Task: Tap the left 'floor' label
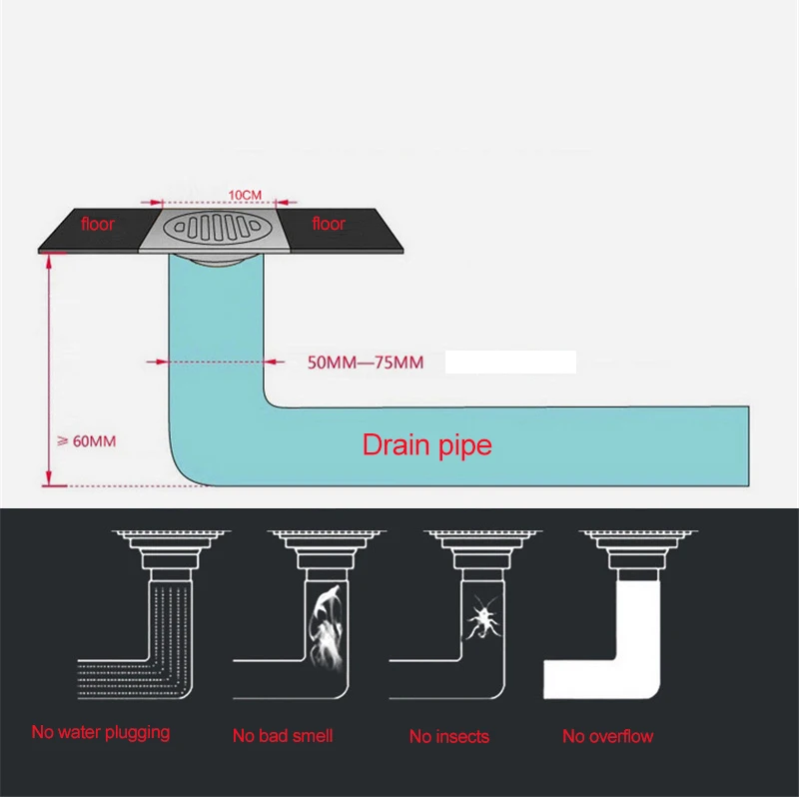pos(98,224)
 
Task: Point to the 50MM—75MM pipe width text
pos(366,363)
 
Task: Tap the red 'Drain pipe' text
pos(426,444)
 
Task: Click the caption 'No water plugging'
pos(100,732)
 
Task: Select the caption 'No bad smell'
pos(283,736)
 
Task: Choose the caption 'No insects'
pos(449,737)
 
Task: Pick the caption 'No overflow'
pos(607,736)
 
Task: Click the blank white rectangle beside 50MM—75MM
pos(510,362)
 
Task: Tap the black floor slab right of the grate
pos(345,230)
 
